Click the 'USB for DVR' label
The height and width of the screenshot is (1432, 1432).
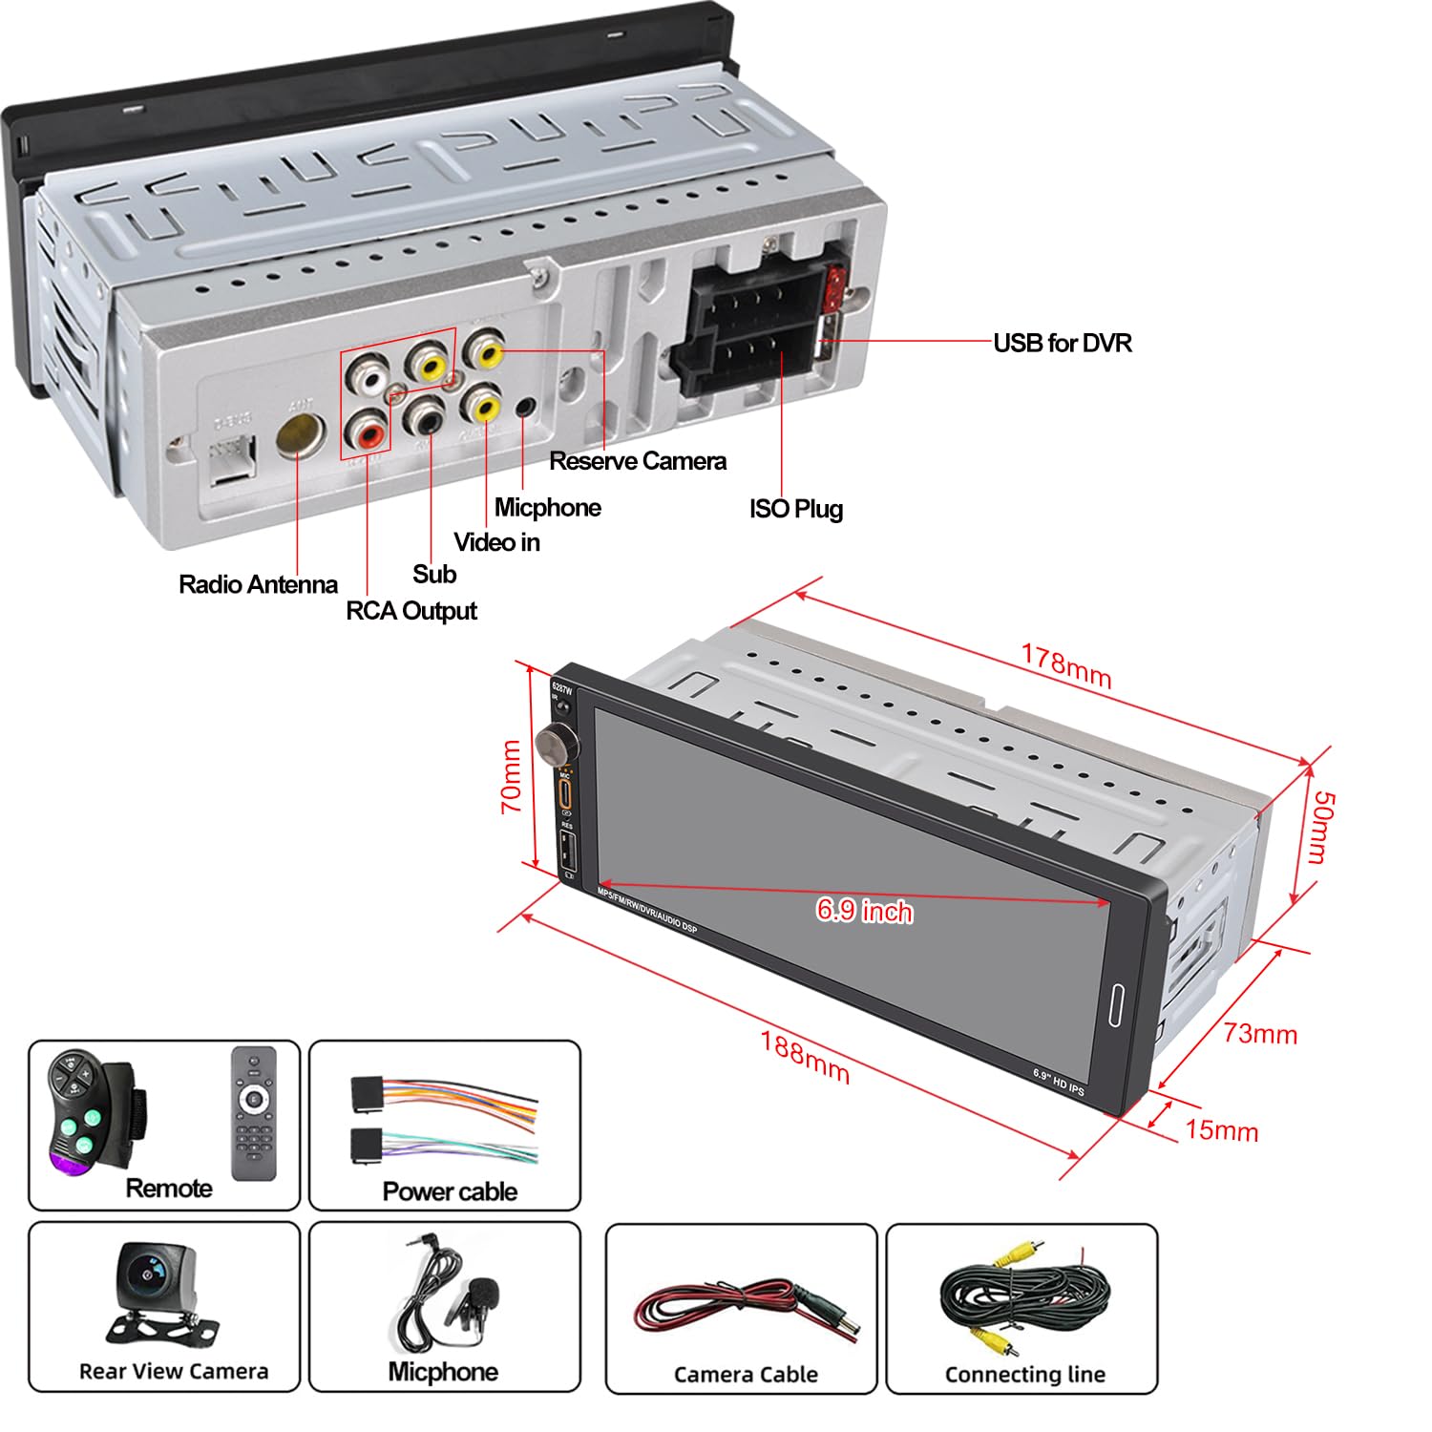pyautogui.click(x=1062, y=344)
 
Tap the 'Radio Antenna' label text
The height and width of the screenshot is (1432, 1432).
pyautogui.click(x=258, y=584)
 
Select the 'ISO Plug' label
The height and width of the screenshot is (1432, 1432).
pyautogui.click(x=795, y=508)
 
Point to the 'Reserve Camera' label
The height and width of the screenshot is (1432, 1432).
pyautogui.click(x=637, y=461)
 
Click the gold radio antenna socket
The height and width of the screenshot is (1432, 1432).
pyautogui.click(x=298, y=434)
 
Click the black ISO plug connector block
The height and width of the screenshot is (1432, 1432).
pyautogui.click(x=749, y=329)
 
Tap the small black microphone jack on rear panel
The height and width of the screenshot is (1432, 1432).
pyautogui.click(x=524, y=408)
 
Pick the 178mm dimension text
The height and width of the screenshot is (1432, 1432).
pyautogui.click(x=1066, y=665)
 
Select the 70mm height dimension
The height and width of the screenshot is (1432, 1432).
pyautogui.click(x=512, y=776)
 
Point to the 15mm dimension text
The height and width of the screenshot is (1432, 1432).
pyautogui.click(x=1221, y=1130)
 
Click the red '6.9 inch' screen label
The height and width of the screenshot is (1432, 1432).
pyautogui.click(x=864, y=911)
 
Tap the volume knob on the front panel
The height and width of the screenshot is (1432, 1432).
pyautogui.click(x=552, y=742)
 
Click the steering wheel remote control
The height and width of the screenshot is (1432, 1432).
pyautogui.click(x=93, y=1111)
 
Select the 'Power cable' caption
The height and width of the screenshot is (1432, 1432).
pyautogui.click(x=450, y=1191)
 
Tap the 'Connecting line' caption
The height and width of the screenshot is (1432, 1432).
pyautogui.click(x=1024, y=1375)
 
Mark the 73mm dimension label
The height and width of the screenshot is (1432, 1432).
pyautogui.click(x=1260, y=1034)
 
